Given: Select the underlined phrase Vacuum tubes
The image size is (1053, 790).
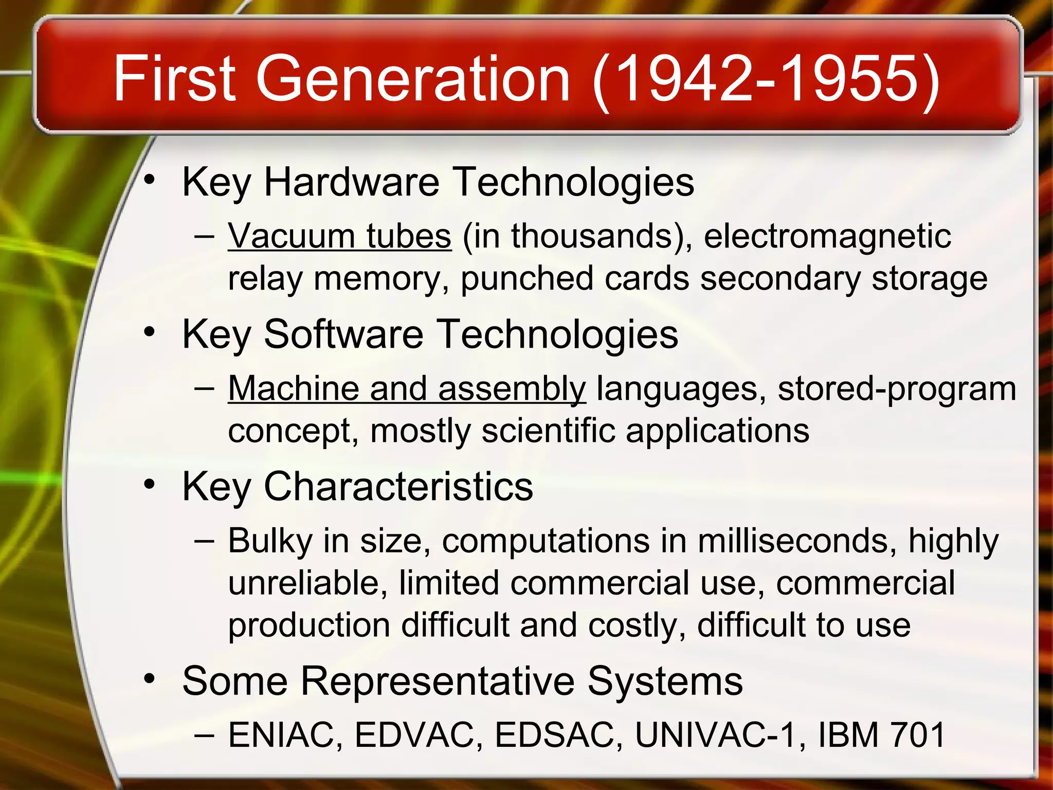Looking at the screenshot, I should pos(340,236).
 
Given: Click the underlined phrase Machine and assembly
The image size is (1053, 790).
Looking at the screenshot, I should pos(407,388).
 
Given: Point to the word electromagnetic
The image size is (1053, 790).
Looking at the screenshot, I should pos(827,236).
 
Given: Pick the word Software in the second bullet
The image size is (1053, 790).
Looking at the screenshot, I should pos(344,334).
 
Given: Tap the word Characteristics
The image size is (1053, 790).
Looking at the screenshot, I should pos(398,486).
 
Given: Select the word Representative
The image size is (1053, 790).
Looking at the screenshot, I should pos(438,681).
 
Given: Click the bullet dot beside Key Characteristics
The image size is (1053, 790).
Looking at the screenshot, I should pos(149,484).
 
